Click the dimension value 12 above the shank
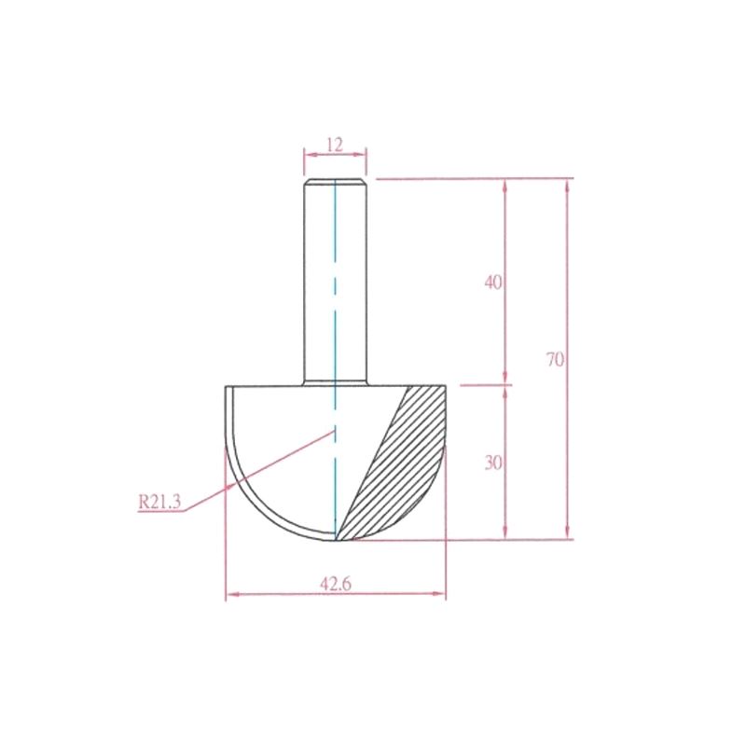pyautogui.click(x=335, y=145)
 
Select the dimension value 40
pyautogui.click(x=493, y=283)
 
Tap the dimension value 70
pyautogui.click(x=555, y=359)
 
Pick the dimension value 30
pyautogui.click(x=493, y=463)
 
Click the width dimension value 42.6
pyautogui.click(x=336, y=584)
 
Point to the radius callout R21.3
pyautogui.click(x=159, y=502)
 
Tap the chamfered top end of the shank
pyautogui.click(x=336, y=182)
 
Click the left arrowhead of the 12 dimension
pyautogui.click(x=311, y=155)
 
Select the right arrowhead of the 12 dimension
pyautogui.click(x=360, y=154)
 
